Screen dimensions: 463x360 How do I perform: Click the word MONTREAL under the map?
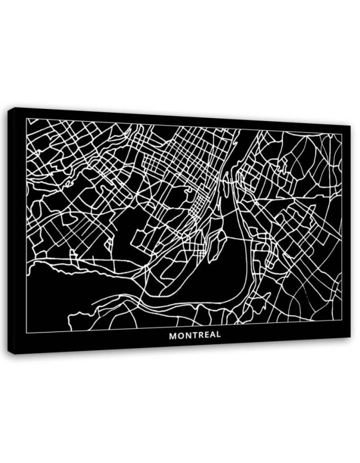(x=195, y=335)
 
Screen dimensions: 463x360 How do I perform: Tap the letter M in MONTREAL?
(x=173, y=335)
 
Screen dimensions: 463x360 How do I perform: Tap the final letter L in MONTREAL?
(x=218, y=335)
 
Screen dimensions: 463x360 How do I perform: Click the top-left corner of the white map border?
(x=27, y=119)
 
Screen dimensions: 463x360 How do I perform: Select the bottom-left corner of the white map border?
(x=27, y=333)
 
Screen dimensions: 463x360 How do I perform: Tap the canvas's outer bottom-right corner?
(x=350, y=337)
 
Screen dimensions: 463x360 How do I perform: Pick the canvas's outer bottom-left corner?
(x=14, y=354)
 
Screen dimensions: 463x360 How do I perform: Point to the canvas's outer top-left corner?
(x=14, y=107)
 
